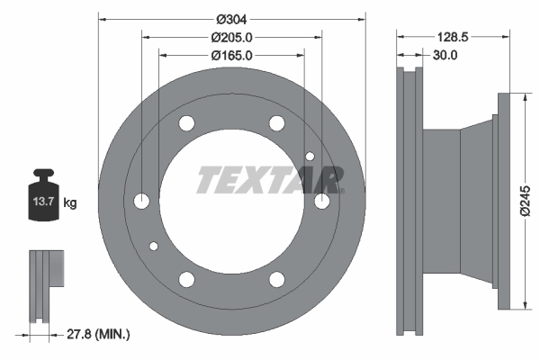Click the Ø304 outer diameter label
231,19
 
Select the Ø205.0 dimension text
231,37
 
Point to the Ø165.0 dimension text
231,55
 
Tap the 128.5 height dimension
453,37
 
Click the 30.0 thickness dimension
445,55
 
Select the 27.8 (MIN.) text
98,334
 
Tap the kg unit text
70,203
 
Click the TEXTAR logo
270,180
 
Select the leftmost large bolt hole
142,201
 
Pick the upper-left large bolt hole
187,123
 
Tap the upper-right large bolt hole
276,123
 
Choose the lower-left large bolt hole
187,278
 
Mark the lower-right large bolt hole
276,278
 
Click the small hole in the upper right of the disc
310,157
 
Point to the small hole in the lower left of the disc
154,246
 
